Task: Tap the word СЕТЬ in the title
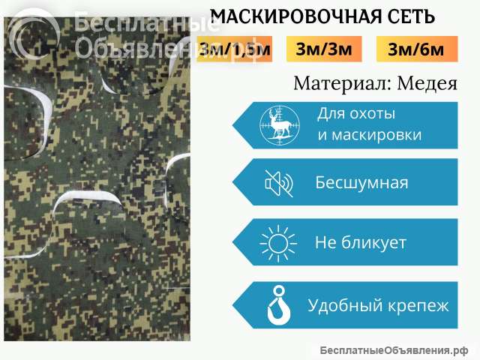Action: tap(409, 16)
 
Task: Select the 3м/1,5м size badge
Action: tap(235, 50)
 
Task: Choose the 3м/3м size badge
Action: tap(324, 50)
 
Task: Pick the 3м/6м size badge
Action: tap(416, 50)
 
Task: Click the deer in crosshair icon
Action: tap(278, 124)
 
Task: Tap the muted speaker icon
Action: tap(278, 183)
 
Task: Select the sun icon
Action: tap(275, 243)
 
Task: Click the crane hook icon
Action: tap(277, 305)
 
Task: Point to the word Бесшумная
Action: tap(361, 183)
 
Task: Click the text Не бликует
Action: tap(361, 243)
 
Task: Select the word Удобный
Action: tap(343, 305)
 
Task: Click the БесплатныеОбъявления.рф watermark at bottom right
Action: tap(393, 350)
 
